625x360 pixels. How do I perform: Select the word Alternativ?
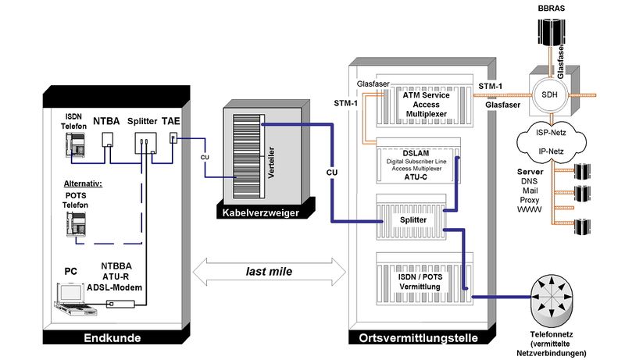[84, 184]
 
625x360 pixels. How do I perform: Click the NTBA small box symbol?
[108, 140]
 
